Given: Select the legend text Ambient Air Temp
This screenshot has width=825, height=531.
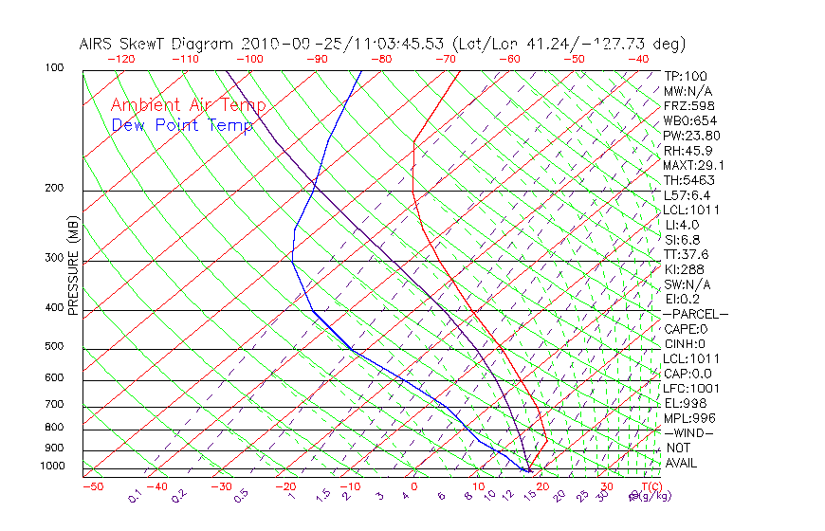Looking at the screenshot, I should click(188, 105).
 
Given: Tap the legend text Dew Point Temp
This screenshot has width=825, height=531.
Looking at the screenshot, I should click(181, 125).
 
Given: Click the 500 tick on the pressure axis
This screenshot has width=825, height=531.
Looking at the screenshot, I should click(54, 347).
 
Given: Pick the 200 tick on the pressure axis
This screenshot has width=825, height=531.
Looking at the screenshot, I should click(54, 189).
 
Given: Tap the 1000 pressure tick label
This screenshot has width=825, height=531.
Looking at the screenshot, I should click(51, 467).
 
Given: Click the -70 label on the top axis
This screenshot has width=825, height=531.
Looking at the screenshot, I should click(444, 59).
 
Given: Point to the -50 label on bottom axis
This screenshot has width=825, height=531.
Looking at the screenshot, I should click(92, 487).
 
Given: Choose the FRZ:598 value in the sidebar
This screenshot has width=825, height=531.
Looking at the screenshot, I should click(686, 105).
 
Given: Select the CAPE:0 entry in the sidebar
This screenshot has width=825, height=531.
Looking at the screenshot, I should click(685, 328).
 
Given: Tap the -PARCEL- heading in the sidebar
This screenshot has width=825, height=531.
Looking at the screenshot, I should click(695, 314).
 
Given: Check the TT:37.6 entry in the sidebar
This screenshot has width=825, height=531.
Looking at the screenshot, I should click(686, 254).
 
